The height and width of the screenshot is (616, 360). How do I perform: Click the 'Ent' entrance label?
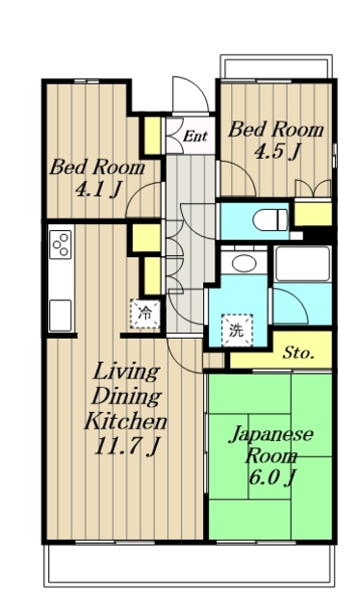pos(195,137)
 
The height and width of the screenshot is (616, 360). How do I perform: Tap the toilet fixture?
pos(270,219)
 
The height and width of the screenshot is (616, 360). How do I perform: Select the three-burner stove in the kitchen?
pos(61,244)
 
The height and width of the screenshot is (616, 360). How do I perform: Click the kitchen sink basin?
pos(61,316)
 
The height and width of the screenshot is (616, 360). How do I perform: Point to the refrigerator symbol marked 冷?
pos(145,314)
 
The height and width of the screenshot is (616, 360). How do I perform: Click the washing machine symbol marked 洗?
pos(237,331)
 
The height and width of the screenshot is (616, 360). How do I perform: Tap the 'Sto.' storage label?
pos(298,353)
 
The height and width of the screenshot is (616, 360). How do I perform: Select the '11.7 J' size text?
pos(127,447)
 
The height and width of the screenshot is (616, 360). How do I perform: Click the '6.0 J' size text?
pos(272,477)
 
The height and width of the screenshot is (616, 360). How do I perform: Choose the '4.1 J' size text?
pos(97,191)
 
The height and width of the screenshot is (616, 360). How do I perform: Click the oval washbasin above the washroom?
pos(244,263)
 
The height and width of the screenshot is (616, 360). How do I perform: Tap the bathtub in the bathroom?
pos(302,264)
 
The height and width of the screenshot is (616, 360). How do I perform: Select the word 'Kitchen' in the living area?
pos(125,422)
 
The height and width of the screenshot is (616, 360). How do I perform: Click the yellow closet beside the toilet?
pos(313,214)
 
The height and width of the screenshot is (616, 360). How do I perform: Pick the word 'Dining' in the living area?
pos(126,397)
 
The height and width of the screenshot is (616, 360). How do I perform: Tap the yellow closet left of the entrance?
pos(152,136)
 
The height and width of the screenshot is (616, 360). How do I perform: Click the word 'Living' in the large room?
pos(126,372)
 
